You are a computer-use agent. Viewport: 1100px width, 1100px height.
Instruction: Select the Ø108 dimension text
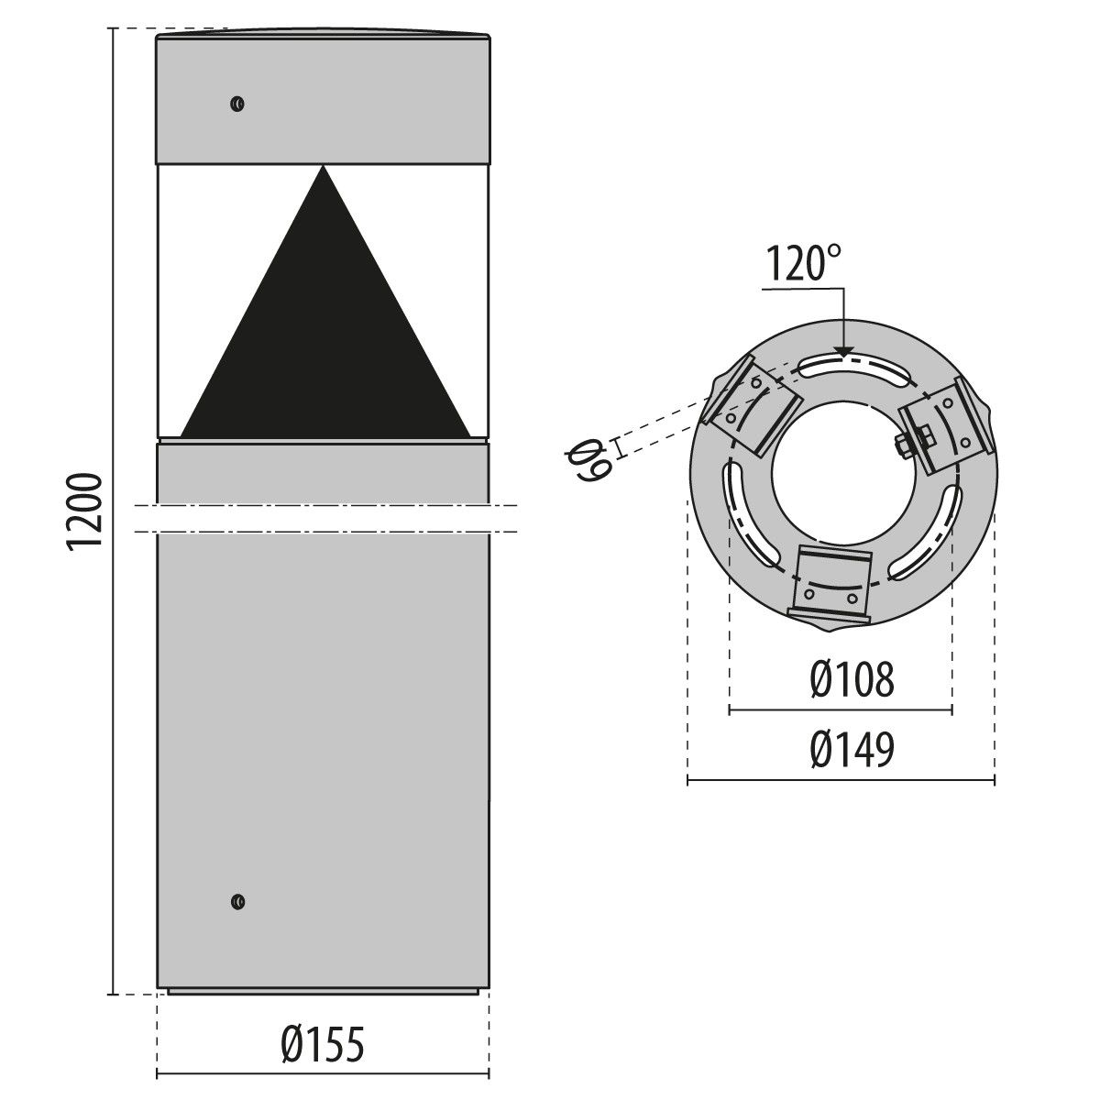(852, 681)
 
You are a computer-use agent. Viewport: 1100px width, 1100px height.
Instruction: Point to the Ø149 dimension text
(852, 750)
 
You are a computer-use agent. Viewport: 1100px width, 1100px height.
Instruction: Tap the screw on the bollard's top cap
(236, 103)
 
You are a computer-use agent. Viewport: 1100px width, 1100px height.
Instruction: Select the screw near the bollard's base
(237, 901)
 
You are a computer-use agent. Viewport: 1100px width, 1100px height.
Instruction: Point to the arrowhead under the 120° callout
(842, 349)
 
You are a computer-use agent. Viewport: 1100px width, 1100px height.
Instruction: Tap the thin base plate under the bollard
(323, 991)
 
